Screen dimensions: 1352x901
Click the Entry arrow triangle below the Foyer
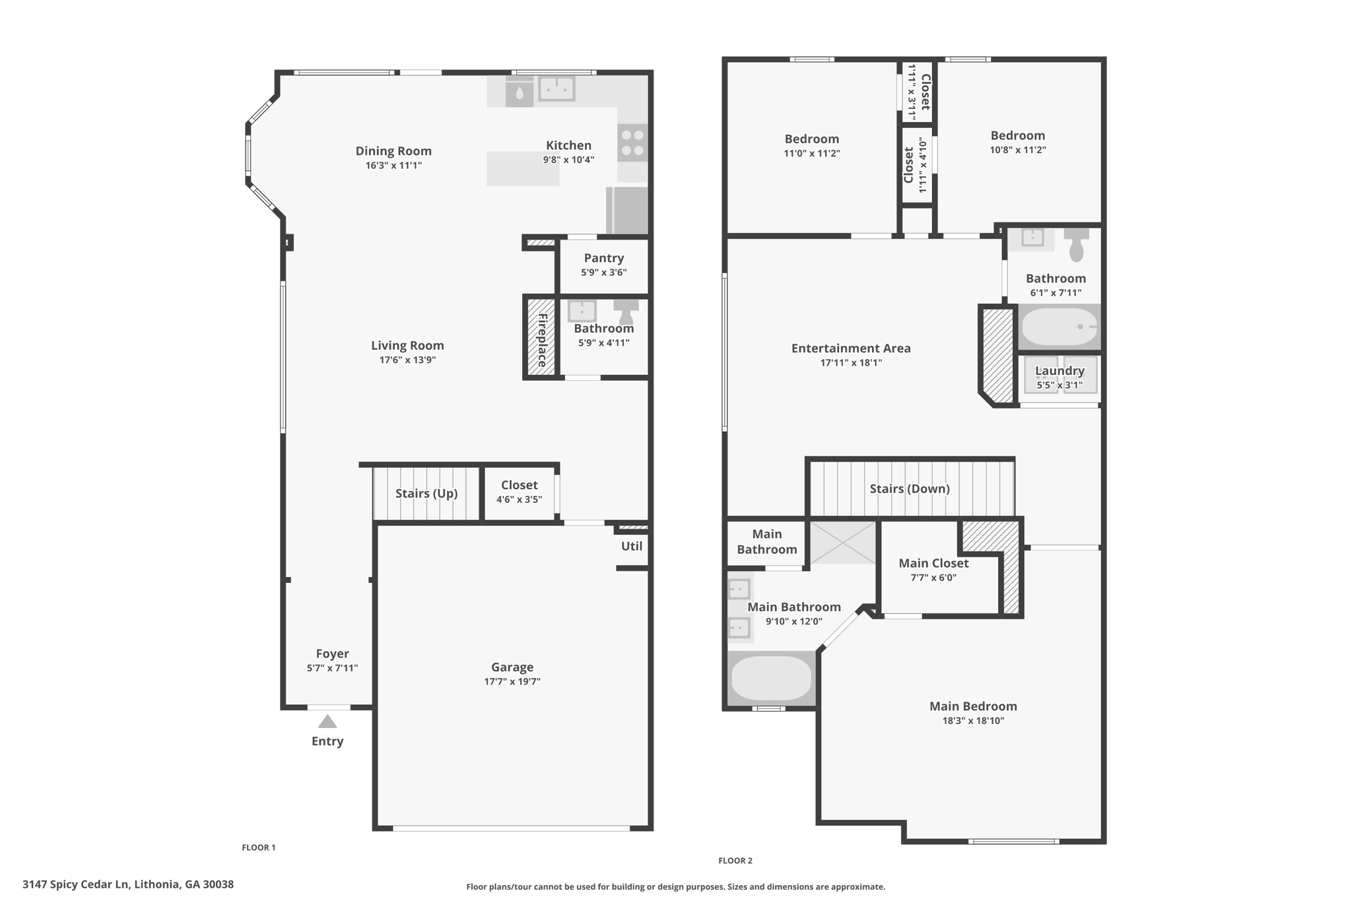click(x=327, y=721)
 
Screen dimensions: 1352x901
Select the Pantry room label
click(x=603, y=258)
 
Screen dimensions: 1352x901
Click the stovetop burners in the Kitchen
click(x=632, y=143)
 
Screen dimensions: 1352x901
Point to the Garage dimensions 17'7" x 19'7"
click(x=512, y=682)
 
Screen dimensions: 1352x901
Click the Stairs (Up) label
click(x=426, y=494)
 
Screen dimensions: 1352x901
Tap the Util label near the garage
click(x=632, y=546)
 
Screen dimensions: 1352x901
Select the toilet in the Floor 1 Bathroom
click(x=626, y=312)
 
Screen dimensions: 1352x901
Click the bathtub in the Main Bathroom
click(x=771, y=678)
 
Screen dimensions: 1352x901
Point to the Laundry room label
click(x=1060, y=371)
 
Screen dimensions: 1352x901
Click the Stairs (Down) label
click(x=910, y=488)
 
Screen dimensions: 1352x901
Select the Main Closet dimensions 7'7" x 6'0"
click(x=933, y=578)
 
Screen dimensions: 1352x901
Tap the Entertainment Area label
click(x=851, y=348)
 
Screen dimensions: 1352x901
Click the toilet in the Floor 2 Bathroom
click(x=1076, y=245)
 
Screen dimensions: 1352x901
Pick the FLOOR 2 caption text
click(x=735, y=861)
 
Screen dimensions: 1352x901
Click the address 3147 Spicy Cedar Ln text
click(x=77, y=884)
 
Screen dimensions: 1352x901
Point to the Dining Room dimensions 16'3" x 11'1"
click(x=393, y=166)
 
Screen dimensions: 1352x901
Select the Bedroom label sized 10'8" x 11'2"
click(x=1017, y=135)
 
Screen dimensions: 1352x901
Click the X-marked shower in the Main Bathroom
click(x=843, y=543)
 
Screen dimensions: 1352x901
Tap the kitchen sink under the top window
click(x=557, y=88)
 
